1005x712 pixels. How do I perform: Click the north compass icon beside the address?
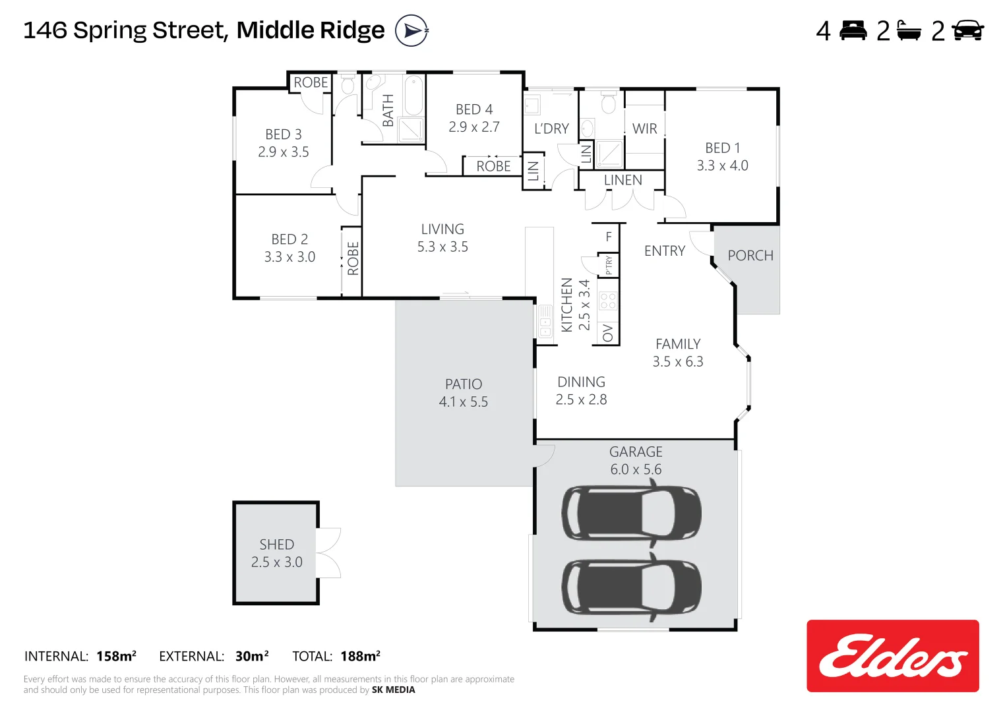pos(411,30)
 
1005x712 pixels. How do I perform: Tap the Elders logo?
pos(892,656)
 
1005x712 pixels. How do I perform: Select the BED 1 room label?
pos(722,148)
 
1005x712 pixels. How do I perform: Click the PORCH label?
pos(750,256)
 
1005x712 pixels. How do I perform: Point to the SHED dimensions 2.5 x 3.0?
pos(276,562)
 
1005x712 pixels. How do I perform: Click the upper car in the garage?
pos(631,514)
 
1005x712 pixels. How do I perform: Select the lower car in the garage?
pos(631,587)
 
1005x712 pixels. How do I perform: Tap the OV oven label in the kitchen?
pos(608,333)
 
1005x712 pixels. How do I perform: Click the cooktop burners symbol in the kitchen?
pos(608,301)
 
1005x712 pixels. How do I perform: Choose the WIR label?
pos(644,129)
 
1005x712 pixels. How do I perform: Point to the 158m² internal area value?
pos(116,656)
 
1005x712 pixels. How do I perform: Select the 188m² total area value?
pos(360,656)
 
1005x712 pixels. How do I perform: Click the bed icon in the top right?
pos(853,30)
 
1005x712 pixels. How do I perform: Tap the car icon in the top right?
pos(967,30)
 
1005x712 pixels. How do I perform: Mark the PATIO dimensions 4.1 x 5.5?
pos(463,402)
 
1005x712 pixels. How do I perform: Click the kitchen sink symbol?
pos(545,321)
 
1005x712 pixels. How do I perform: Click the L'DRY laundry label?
pos(551,129)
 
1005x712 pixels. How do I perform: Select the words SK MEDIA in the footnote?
pos(393,690)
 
